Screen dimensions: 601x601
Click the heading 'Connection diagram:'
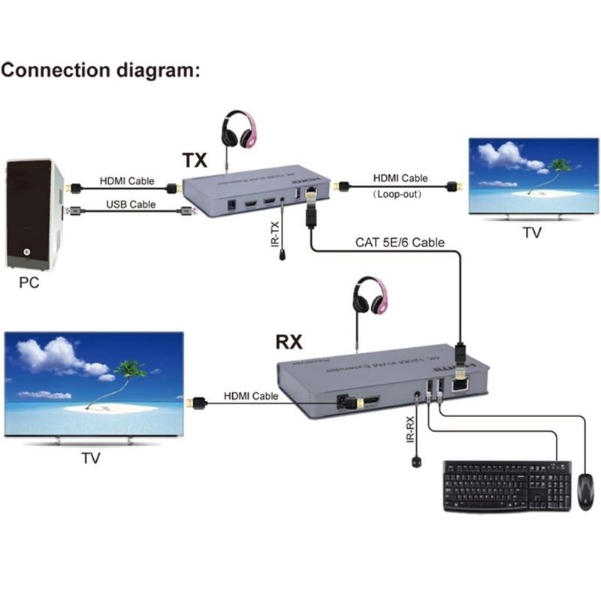tap(101, 71)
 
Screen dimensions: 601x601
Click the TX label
tap(194, 160)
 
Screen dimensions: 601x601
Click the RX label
tap(288, 343)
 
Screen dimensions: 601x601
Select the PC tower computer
tap(32, 214)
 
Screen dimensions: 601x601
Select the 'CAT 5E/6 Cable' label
tap(400, 243)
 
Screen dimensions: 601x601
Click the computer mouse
tap(585, 492)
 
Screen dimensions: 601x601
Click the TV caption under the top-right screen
tap(532, 233)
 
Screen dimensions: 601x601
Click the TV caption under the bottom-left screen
tap(90, 458)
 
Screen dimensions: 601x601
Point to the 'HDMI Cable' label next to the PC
tap(127, 181)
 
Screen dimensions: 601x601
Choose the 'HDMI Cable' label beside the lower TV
tap(250, 396)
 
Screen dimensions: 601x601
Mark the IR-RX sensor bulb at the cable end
tap(415, 462)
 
